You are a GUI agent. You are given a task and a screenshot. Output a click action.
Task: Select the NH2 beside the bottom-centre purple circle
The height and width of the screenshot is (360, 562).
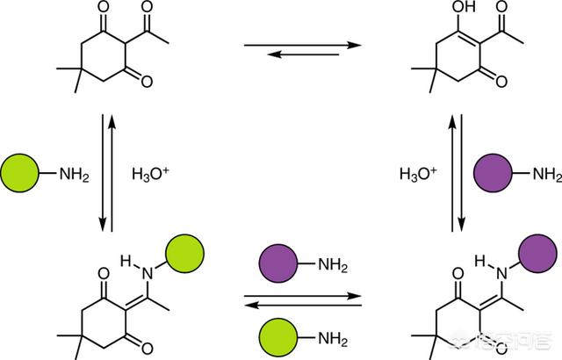point(332,263)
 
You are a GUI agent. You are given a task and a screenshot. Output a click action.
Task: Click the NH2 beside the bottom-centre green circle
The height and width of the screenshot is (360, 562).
point(332,337)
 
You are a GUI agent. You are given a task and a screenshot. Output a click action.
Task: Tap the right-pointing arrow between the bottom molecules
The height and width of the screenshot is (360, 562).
point(303,293)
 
